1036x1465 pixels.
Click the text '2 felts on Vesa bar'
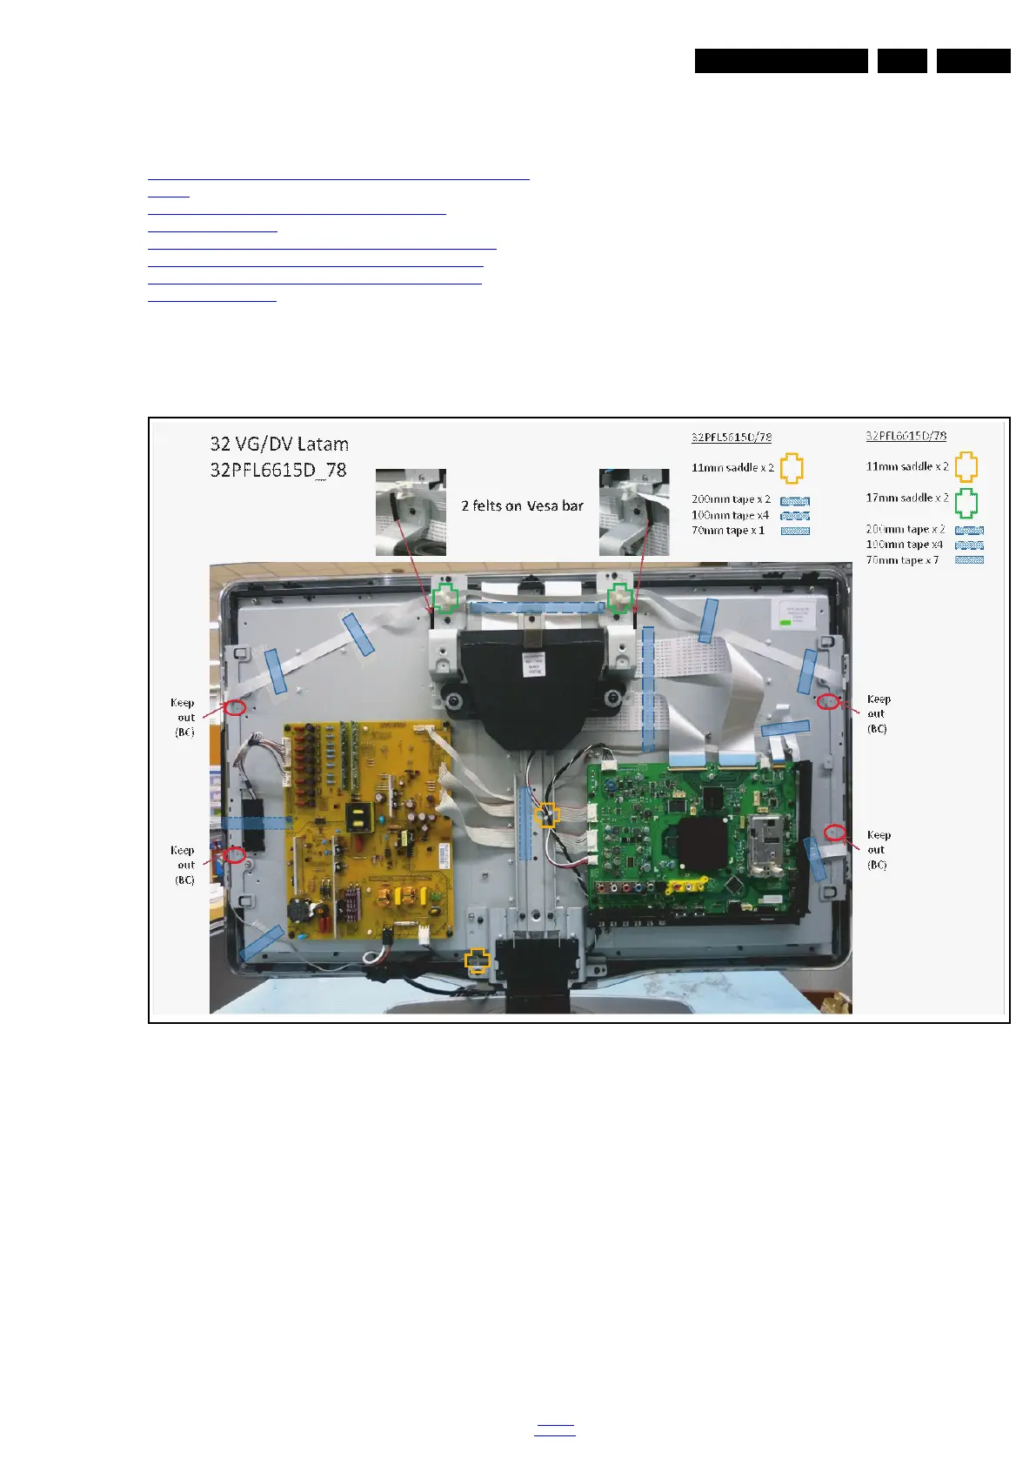pos(522,505)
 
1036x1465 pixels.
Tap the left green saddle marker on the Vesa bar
pos(446,599)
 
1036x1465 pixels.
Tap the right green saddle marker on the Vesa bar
pos(619,599)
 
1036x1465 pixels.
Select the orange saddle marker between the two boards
pos(547,814)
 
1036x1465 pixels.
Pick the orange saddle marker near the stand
pos(477,960)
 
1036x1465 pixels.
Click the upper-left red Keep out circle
pos(234,707)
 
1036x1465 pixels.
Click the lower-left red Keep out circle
pos(233,855)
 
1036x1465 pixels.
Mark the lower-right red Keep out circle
pos(834,833)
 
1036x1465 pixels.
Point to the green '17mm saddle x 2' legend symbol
pos(966,502)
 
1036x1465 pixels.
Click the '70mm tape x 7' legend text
pos(902,560)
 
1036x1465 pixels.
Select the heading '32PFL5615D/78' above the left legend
pos(731,437)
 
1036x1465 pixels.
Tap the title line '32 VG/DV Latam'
pos(279,444)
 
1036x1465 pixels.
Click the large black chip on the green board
pos(700,840)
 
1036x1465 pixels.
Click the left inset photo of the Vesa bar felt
pos(411,512)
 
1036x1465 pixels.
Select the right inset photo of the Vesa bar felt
pos(634,512)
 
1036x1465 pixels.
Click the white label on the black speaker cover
pos(533,664)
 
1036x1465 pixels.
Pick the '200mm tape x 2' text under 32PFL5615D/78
pos(731,499)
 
